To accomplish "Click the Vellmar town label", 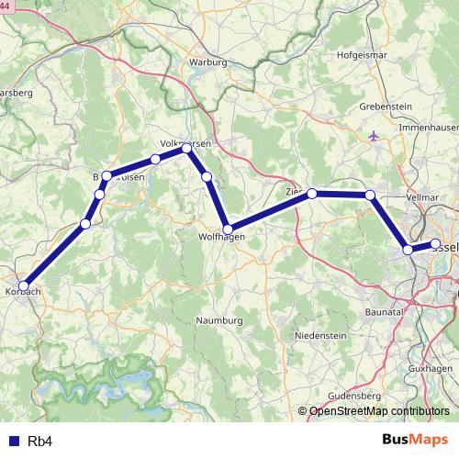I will (422, 197).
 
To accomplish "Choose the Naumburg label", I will (219, 320).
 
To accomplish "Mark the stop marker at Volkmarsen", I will (187, 148).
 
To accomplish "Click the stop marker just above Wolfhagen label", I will (228, 229).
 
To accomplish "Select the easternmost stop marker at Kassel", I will (436, 243).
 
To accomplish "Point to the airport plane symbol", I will (372, 137).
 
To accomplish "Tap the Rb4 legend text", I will (39, 442).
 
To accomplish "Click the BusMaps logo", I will (415, 440).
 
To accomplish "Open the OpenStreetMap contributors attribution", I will (379, 412).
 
